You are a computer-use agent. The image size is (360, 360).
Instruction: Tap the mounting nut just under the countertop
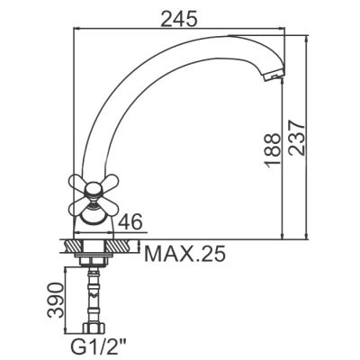pos(94,260)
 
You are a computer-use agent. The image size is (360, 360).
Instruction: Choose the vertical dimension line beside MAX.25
pos(141,247)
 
